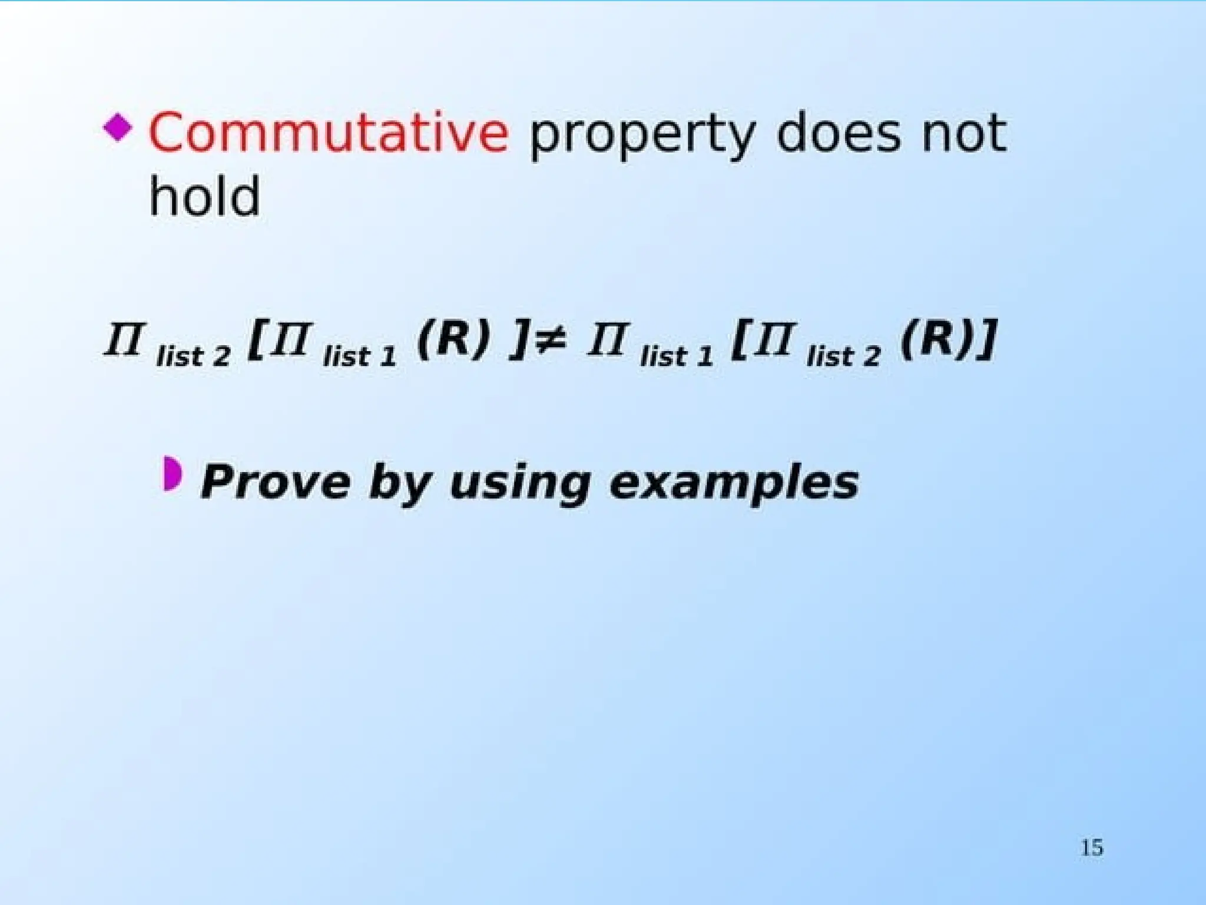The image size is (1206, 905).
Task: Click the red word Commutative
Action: click(328, 133)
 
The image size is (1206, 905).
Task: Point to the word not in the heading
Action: click(964, 134)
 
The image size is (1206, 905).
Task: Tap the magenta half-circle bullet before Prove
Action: click(172, 473)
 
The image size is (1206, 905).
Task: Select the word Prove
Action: click(276, 482)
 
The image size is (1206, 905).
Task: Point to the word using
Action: click(519, 484)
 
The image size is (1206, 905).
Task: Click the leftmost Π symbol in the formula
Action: click(123, 340)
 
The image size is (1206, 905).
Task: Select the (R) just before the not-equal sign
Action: click(453, 340)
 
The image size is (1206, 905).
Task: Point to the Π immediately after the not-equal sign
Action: click(606, 340)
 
